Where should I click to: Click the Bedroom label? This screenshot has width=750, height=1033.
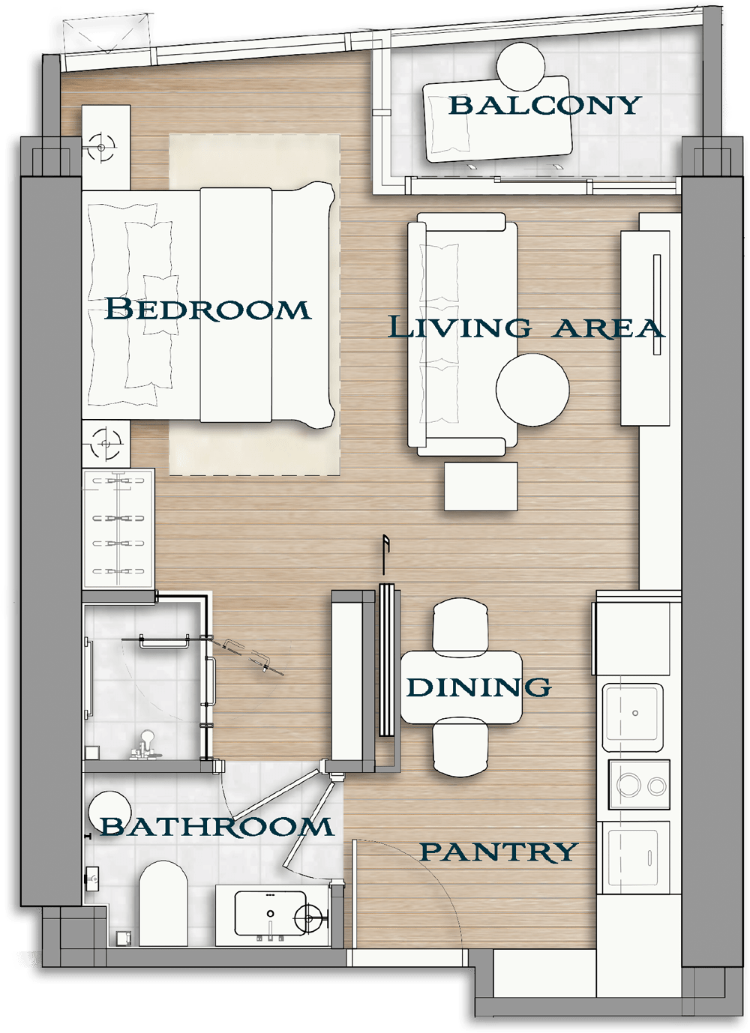(x=208, y=309)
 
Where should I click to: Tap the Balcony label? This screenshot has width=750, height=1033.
(x=544, y=105)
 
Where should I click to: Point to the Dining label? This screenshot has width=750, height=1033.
(x=478, y=687)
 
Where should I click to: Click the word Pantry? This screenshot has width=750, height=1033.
(x=499, y=852)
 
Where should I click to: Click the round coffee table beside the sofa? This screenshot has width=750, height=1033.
(x=532, y=390)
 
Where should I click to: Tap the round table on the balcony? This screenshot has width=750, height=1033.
(x=520, y=67)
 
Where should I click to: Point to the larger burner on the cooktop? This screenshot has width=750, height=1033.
(x=628, y=784)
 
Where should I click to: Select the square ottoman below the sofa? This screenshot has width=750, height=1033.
(x=481, y=487)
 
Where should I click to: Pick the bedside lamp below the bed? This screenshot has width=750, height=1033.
(x=106, y=444)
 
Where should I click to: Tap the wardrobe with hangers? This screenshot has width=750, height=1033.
(x=118, y=528)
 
